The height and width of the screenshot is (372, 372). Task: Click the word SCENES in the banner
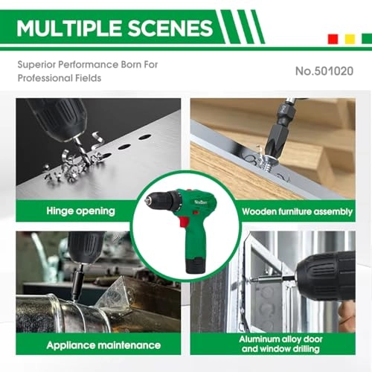(x=168, y=29)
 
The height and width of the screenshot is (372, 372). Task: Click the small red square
(x=331, y=39)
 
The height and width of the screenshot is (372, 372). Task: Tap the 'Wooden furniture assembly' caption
(x=297, y=211)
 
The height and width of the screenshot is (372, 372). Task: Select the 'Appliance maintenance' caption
(x=103, y=344)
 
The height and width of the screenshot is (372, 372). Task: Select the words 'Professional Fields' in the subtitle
(x=60, y=78)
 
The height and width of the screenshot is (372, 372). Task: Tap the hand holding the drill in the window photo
(x=346, y=315)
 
